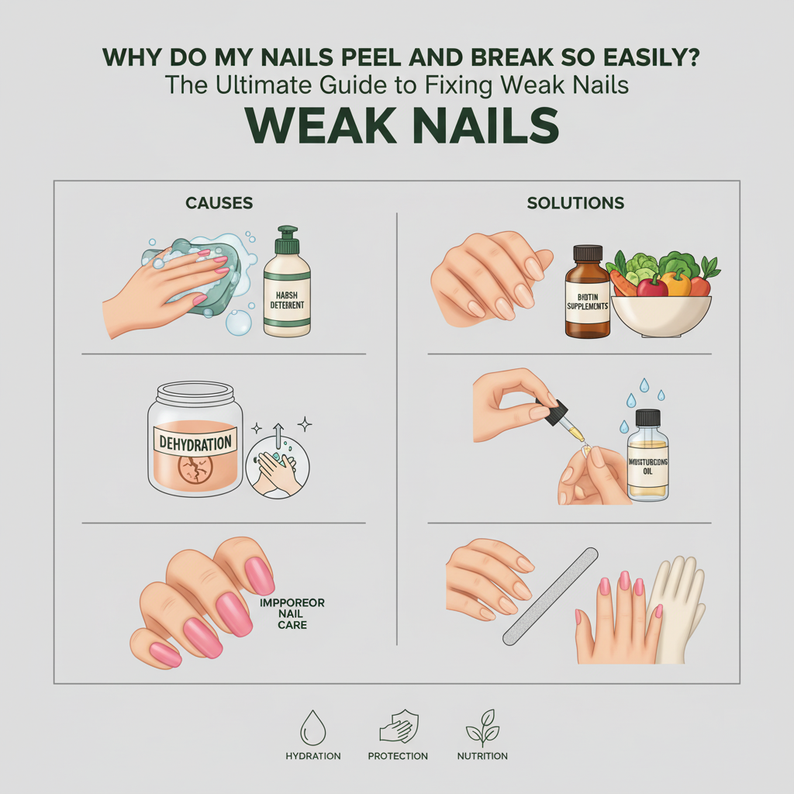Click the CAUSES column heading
[x=219, y=203]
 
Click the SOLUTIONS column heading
[x=575, y=203]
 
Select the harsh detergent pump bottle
[x=287, y=287]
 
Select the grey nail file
[x=550, y=595]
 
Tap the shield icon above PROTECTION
[x=397, y=730]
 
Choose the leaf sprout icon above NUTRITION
[x=482, y=730]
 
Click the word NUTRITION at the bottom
[x=482, y=756]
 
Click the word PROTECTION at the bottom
[x=397, y=756]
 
